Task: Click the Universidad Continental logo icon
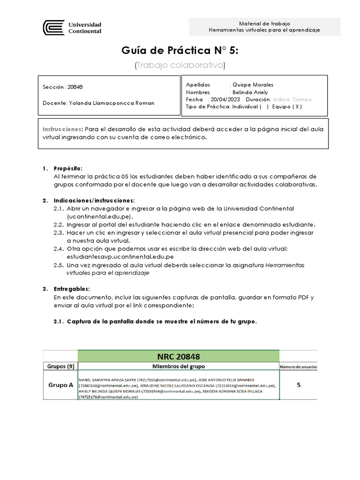click(x=53, y=28)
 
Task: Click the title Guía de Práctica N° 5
click(x=180, y=50)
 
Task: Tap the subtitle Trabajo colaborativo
click(x=180, y=65)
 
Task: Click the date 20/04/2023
click(x=225, y=99)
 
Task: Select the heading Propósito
click(x=68, y=168)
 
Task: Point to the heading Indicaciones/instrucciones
click(x=94, y=201)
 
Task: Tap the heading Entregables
click(x=72, y=289)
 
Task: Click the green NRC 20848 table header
click(x=179, y=356)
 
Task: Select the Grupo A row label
click(x=61, y=385)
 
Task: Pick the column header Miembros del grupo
click(x=179, y=366)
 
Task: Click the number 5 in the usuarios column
click(x=299, y=385)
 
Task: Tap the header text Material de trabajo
click(x=264, y=23)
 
